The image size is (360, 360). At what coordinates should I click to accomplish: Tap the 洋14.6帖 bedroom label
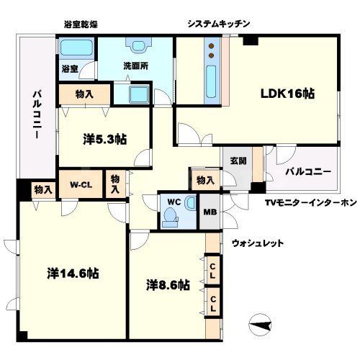tap(73, 274)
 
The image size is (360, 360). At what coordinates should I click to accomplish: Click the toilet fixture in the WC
tap(171, 217)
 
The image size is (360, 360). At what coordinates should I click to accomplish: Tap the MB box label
tap(211, 212)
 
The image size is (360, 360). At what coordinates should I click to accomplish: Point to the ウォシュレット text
tap(257, 243)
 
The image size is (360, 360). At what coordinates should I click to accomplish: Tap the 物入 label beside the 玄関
tap(204, 180)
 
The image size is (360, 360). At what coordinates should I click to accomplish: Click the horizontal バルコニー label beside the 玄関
tap(307, 173)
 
